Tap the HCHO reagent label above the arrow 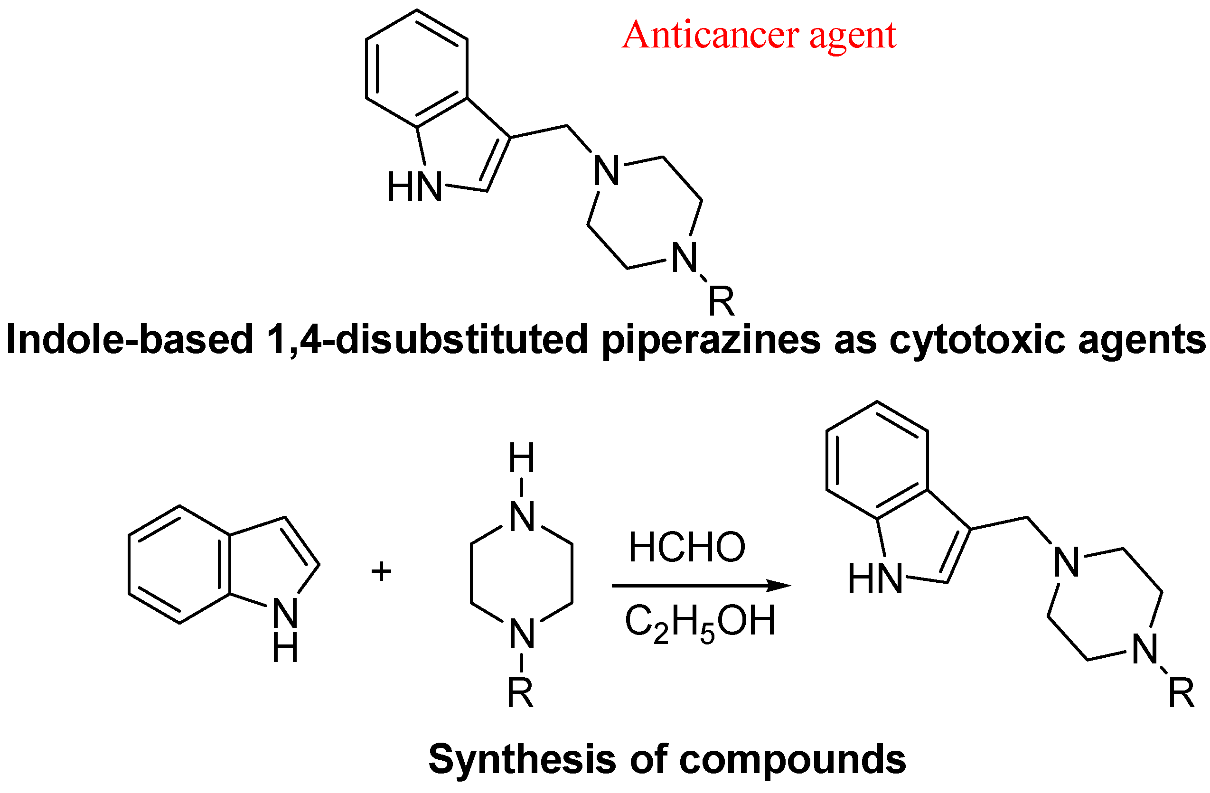click(686, 548)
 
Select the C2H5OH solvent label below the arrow click(700, 622)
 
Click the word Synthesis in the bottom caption click(522, 759)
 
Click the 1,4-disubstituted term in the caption click(427, 340)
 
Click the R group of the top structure click(722, 301)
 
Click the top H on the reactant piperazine click(522, 458)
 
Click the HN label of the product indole click(875, 579)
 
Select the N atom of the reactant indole click(285, 613)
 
